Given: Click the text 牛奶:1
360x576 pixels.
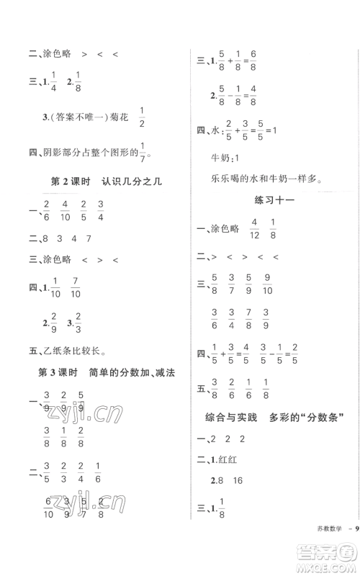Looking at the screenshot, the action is pyautogui.click(x=223, y=157).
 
